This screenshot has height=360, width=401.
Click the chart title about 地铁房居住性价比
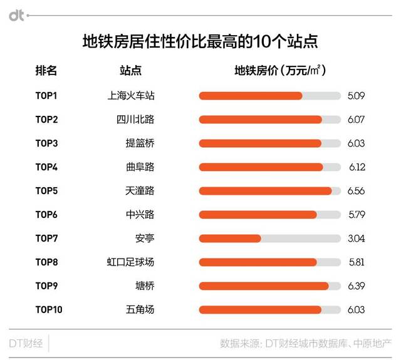[200, 42]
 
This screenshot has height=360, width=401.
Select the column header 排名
[46, 71]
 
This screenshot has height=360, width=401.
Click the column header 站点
[130, 71]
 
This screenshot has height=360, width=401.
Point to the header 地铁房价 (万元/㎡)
[280, 71]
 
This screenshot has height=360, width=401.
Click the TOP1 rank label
[46, 96]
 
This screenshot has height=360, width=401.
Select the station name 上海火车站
[131, 96]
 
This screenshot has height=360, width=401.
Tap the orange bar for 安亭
[229, 239]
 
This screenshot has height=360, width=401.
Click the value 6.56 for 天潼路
[356, 191]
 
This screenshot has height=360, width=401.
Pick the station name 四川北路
[135, 120]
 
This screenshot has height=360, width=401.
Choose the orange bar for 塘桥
[263, 286]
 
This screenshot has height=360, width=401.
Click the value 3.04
[356, 239]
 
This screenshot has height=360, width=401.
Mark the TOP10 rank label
[49, 309]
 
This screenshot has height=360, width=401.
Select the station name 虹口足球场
[131, 262]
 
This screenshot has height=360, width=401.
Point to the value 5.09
[356, 96]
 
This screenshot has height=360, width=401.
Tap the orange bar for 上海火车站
[250, 96]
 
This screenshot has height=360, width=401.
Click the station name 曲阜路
[140, 167]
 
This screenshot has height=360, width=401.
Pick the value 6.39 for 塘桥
[356, 286]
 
